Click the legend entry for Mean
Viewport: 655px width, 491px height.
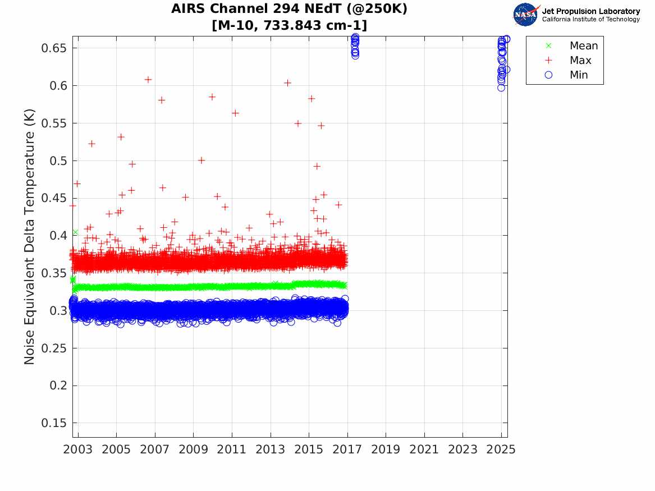click(x=583, y=45)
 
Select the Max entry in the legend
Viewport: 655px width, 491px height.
click(x=580, y=60)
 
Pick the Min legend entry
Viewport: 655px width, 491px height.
click(x=579, y=75)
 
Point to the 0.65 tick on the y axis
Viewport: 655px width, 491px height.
click(x=54, y=48)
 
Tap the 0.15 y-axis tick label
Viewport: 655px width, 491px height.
click(x=54, y=423)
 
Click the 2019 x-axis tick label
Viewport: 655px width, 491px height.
click(x=386, y=449)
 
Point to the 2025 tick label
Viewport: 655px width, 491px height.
click(x=501, y=449)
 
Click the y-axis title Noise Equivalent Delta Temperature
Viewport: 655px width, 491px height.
click(x=30, y=236)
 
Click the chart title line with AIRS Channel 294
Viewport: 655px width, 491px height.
click(x=290, y=10)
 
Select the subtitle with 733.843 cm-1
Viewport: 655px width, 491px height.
click(x=290, y=26)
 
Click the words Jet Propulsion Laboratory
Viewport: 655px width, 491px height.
click(x=590, y=11)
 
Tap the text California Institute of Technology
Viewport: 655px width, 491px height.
click(x=590, y=20)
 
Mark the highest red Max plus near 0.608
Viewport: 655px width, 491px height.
click(x=148, y=80)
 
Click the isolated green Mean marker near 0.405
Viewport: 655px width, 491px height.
click(x=75, y=232)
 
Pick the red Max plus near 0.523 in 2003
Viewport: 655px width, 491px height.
click(x=91, y=144)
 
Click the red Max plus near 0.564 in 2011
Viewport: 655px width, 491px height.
click(x=235, y=113)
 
